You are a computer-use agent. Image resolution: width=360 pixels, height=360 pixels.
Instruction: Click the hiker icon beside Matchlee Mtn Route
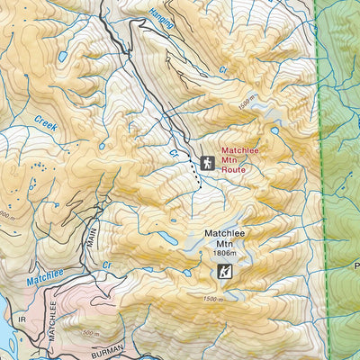(x=208, y=163)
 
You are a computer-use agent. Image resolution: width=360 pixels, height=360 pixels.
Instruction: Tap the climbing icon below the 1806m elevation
(x=226, y=271)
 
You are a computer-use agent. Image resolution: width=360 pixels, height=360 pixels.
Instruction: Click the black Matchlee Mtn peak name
(x=224, y=238)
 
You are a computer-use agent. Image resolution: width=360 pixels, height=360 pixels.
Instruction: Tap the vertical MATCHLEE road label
(x=50, y=328)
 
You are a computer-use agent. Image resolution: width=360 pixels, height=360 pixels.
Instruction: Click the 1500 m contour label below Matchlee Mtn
(x=212, y=299)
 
